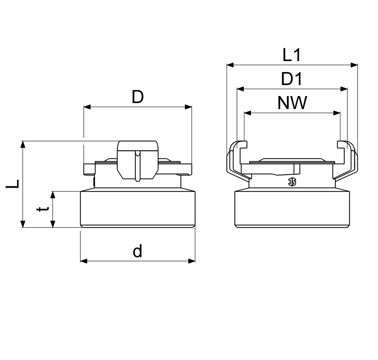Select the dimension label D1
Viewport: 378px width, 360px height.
click(x=292, y=79)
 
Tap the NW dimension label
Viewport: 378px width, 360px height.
click(x=292, y=103)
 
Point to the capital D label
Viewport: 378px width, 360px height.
click(x=138, y=97)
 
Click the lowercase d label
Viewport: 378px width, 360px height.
click(x=137, y=251)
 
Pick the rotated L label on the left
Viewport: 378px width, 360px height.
click(x=13, y=184)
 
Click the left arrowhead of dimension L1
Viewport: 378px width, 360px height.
click(x=230, y=65)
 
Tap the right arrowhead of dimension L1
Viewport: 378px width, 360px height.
click(x=354, y=65)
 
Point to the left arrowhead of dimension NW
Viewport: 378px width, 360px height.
click(x=248, y=113)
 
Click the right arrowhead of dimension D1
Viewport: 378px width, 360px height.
click(x=344, y=89)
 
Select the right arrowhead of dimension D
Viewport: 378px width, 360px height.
click(x=188, y=107)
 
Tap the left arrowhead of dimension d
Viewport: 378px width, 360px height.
click(x=84, y=261)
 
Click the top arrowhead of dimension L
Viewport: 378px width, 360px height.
click(x=23, y=144)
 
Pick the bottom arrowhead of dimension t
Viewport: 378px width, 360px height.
click(x=53, y=224)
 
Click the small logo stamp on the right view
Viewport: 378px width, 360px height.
click(x=292, y=182)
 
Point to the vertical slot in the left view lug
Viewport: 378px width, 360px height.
click(x=137, y=166)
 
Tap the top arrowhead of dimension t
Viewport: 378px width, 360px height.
click(x=53, y=195)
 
